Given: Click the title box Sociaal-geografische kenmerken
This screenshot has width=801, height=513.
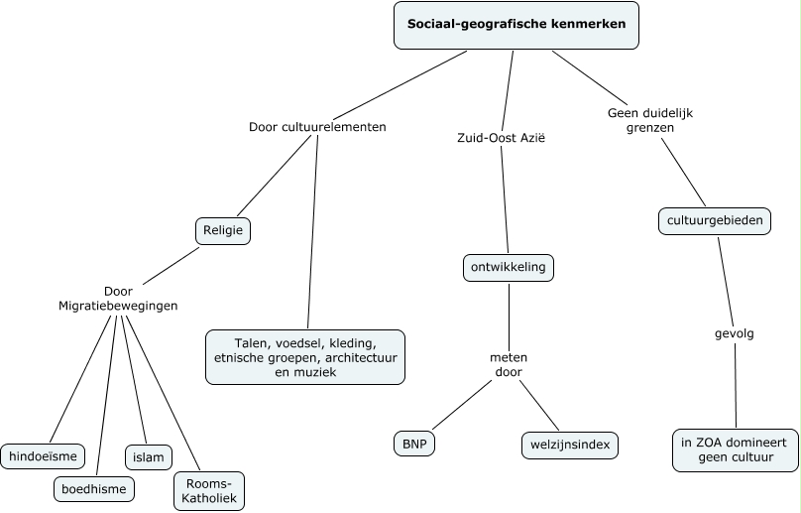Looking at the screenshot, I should click(515, 25).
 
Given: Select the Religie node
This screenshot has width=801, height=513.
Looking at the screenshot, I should click(222, 231).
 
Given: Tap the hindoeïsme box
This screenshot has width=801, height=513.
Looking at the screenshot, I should click(42, 456).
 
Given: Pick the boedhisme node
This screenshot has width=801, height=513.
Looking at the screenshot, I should click(92, 488).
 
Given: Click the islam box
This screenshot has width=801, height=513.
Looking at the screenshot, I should click(148, 456).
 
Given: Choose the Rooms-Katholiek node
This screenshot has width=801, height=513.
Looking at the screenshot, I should click(208, 490).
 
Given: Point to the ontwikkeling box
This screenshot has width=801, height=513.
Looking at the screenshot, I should click(509, 268).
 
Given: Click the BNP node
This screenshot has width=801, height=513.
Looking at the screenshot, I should click(413, 445).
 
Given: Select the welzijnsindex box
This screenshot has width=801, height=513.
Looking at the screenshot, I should click(569, 446).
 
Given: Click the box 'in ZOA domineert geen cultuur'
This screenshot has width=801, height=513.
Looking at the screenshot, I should click(735, 449).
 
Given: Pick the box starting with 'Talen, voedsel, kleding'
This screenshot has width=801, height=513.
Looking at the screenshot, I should click(305, 357).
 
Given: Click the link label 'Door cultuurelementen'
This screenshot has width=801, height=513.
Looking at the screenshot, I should click(316, 127).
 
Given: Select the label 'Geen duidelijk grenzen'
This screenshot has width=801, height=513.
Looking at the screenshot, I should click(649, 120).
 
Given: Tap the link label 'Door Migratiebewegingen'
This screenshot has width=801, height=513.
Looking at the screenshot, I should click(118, 299).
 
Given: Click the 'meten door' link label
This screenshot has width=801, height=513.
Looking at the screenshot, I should click(508, 364).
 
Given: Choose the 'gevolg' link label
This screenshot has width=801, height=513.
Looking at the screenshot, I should click(735, 333).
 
